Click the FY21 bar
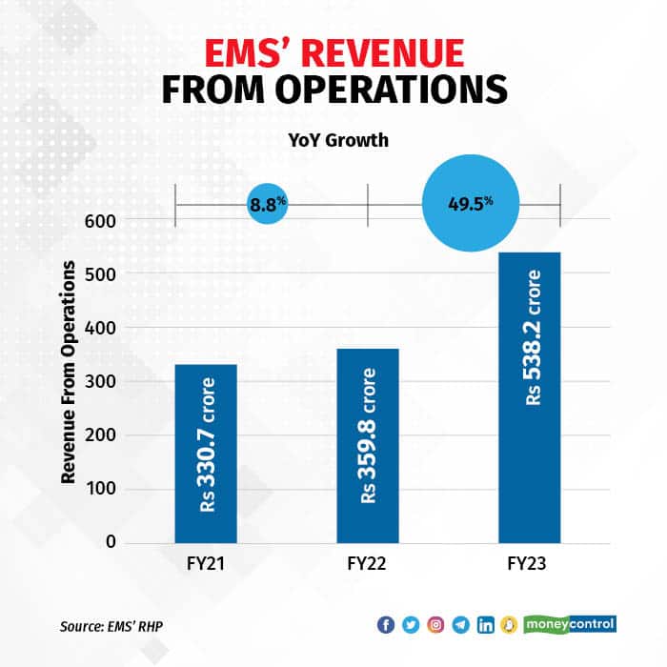206,454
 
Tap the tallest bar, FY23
529,397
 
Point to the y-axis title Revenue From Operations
69,381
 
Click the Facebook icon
386,625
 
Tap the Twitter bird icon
411,625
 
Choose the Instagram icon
435,625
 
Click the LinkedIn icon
486,625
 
